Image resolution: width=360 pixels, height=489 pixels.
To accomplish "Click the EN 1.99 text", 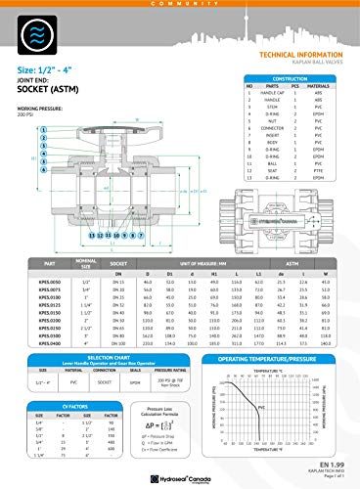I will pyautogui.click(x=333, y=464).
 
